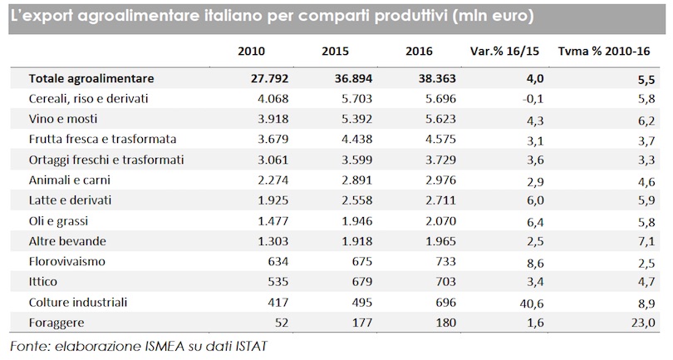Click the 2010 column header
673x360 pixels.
tap(251, 52)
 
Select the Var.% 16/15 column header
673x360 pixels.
tap(504, 52)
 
